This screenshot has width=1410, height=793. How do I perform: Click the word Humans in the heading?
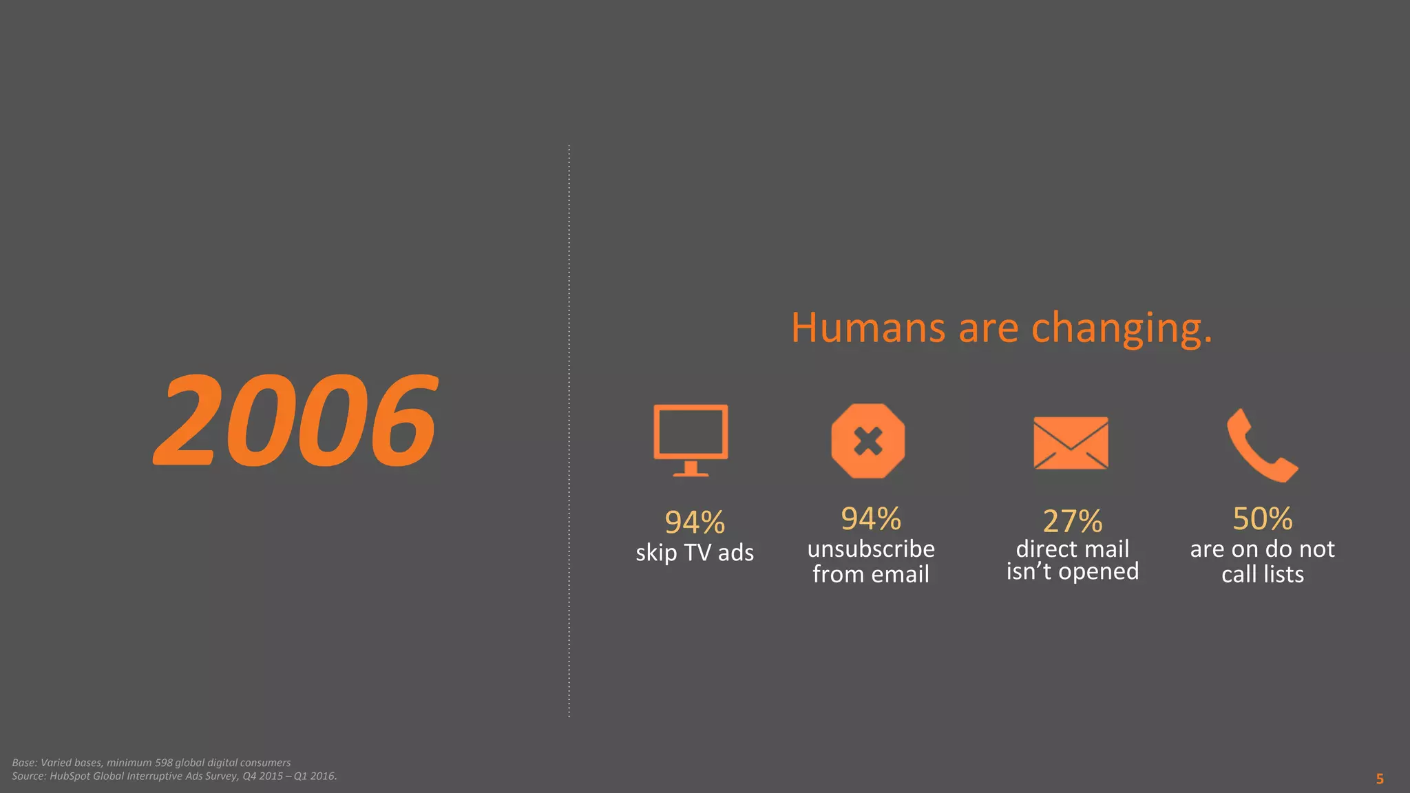867,328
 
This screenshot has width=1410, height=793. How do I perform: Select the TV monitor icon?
691,439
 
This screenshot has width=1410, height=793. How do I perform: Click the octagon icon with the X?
867,441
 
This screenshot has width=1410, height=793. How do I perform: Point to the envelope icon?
1071,443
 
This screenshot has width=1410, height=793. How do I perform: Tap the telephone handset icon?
1261,445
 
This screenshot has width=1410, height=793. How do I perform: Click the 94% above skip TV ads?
694,522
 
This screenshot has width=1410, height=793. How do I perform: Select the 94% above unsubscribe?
871,519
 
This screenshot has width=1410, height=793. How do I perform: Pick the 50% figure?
1262,519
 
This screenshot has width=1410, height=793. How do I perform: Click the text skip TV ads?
694,553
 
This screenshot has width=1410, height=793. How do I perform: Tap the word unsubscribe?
871,549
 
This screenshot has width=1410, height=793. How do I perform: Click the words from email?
871,574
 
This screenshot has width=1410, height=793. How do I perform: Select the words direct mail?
1072,549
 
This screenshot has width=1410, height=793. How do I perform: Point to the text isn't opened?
1072,571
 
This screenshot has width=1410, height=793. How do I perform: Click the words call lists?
1262,574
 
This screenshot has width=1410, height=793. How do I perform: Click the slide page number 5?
1380,779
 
